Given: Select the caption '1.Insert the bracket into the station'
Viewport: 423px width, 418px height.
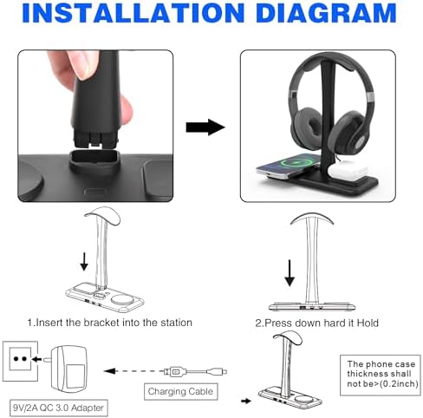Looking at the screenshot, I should pos(109,323).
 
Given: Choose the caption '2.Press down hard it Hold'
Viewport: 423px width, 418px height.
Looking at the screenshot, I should pos(317,323).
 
